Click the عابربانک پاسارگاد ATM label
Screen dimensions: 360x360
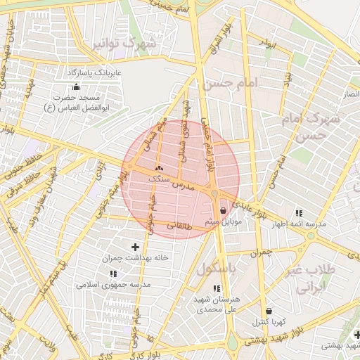pos(94,72)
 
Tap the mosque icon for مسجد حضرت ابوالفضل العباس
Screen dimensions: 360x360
pos(76,86)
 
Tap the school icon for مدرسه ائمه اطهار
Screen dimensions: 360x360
pos(299,212)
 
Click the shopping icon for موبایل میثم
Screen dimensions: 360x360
pos(223,210)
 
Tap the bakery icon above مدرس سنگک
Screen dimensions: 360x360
pos(158,168)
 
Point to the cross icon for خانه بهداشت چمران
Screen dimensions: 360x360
pos(136,247)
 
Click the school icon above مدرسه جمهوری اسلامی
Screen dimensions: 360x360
pos(113,273)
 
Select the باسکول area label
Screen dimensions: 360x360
pos(219,268)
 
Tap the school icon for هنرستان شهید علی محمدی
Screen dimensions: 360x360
pos(216,288)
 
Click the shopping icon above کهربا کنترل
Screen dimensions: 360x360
pos(269,311)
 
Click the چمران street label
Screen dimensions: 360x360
pos(261,251)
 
